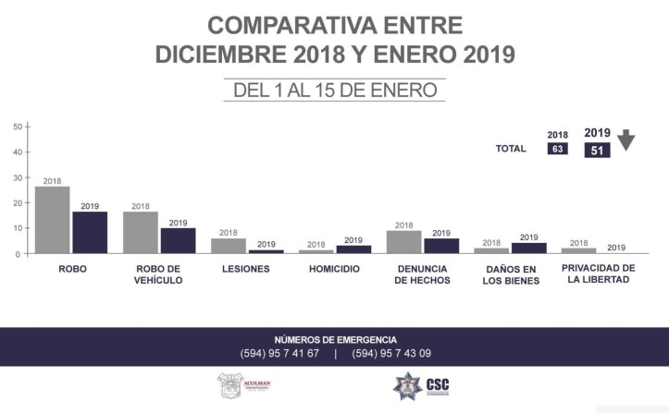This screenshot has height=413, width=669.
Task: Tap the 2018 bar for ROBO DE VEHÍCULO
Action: [141, 233]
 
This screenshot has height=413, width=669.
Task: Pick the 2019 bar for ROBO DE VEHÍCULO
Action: [178, 240]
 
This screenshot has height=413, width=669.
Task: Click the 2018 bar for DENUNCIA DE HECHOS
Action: [404, 242]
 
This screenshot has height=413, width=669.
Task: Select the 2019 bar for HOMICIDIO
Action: [353, 249]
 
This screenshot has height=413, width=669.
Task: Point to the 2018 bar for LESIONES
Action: [229, 246]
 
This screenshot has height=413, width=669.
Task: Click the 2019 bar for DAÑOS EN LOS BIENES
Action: [529, 248]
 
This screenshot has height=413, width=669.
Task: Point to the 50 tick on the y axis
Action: [28, 127]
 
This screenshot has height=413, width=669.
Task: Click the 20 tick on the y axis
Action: [28, 202]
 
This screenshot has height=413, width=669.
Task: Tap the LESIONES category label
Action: [246, 269]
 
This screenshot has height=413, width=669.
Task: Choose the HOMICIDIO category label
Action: [334, 269]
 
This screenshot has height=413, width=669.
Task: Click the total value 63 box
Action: [557, 148]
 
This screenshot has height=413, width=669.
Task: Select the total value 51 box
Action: [597, 150]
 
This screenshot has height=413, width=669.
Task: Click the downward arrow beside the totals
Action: [626, 140]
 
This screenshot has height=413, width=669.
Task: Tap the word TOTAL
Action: [511, 148]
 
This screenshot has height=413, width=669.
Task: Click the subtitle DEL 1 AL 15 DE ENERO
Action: [334, 90]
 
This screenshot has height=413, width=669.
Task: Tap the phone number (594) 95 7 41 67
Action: [279, 353]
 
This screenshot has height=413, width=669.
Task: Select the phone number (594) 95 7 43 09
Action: [391, 353]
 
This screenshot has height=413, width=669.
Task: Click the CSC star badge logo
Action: [407, 385]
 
